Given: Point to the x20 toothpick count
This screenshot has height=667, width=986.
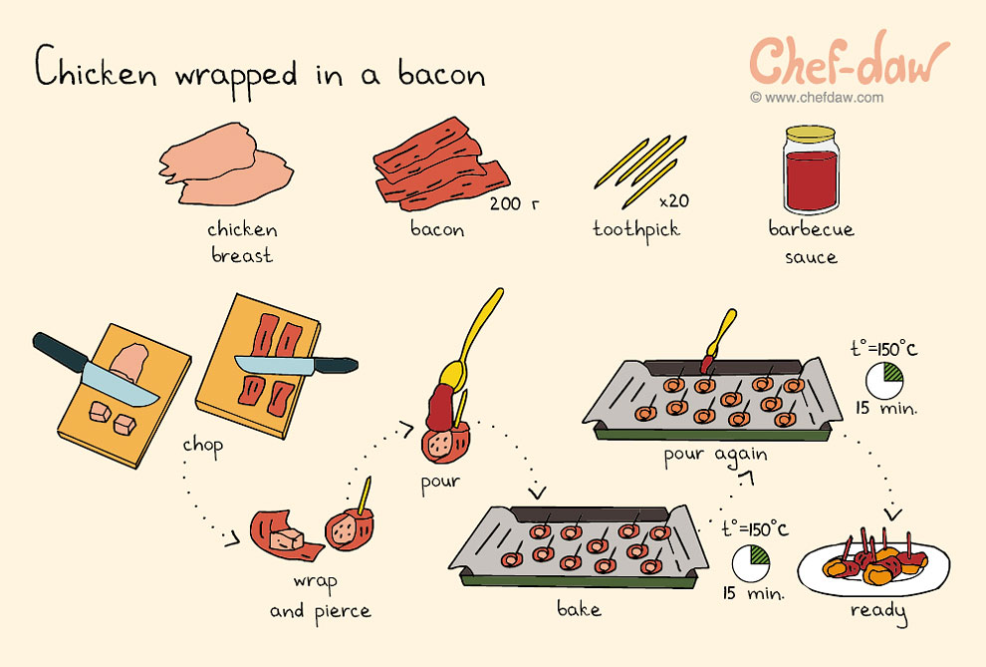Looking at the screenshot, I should [673, 200].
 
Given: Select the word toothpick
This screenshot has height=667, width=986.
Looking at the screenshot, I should [635, 229].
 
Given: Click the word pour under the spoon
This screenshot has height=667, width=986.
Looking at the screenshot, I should [440, 482].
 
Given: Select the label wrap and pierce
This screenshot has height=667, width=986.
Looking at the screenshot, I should [320, 595].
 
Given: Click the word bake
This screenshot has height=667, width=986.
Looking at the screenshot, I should [579, 606].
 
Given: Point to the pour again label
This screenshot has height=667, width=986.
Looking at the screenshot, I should [715, 455].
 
